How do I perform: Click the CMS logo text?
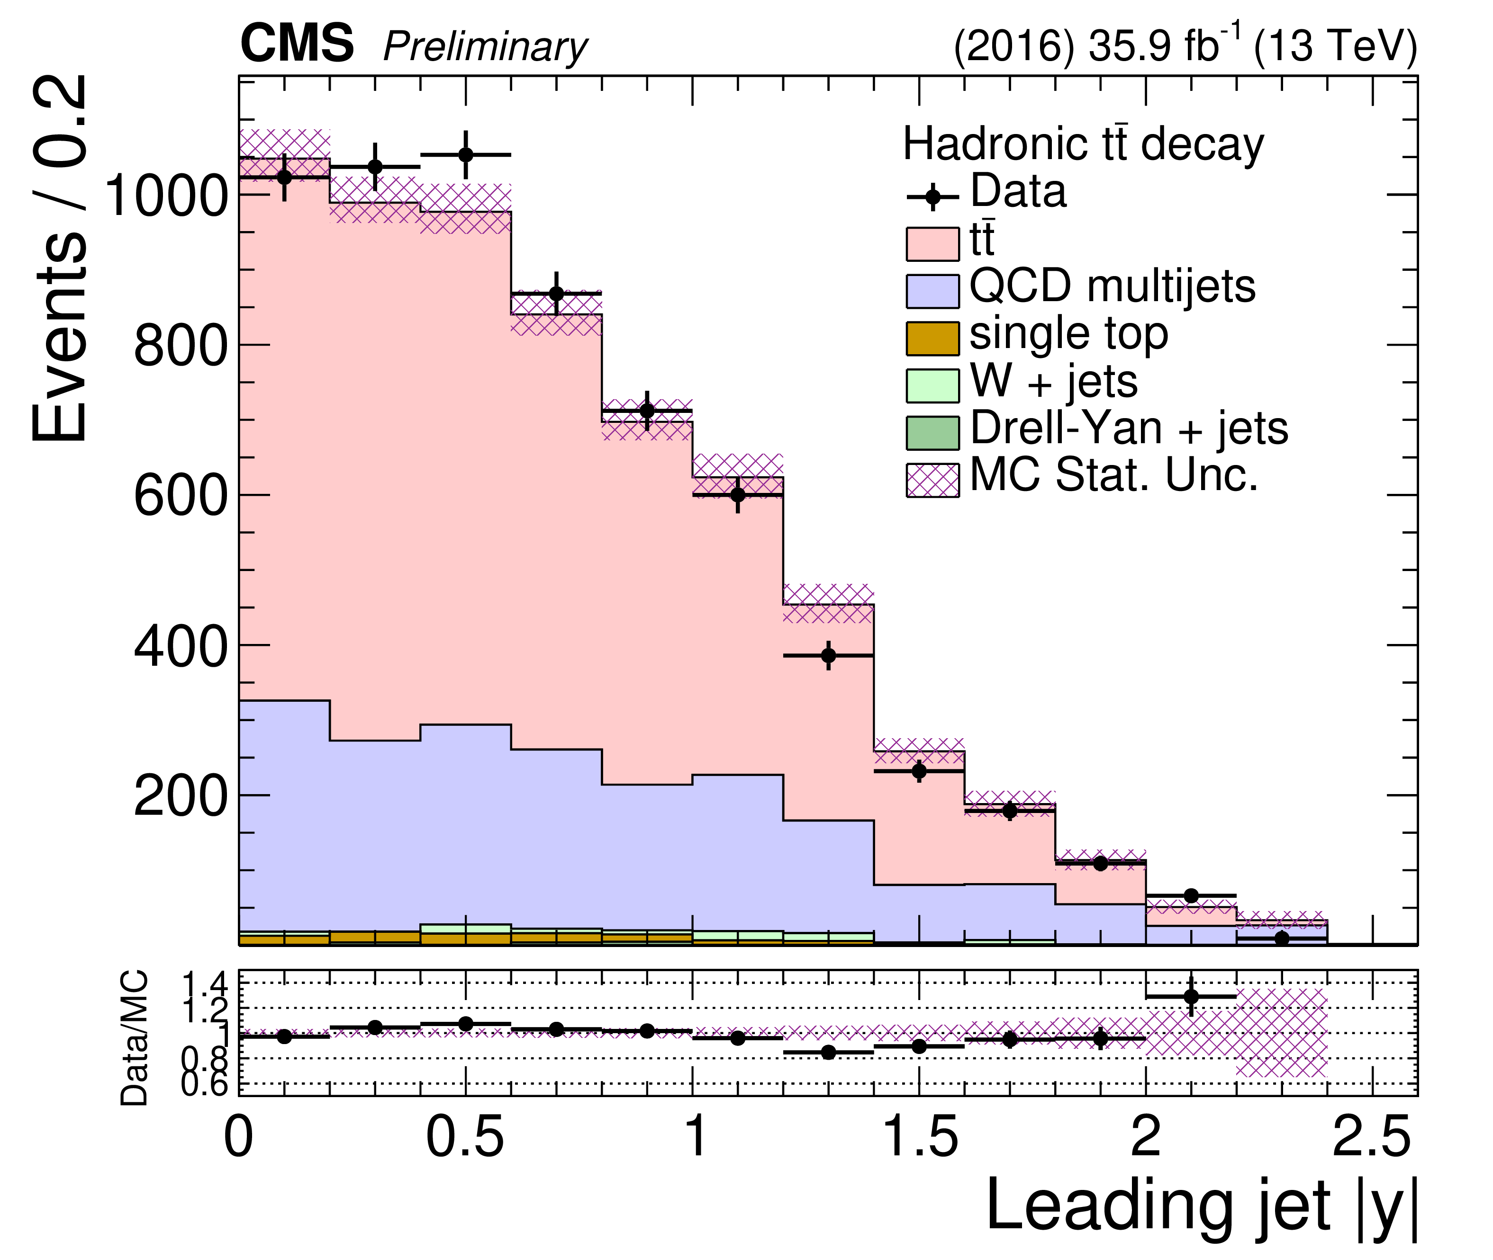(x=297, y=45)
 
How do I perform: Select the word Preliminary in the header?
(x=485, y=47)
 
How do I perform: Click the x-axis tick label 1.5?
(x=919, y=1138)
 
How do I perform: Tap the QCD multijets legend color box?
(x=932, y=291)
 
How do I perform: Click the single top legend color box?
(x=932, y=339)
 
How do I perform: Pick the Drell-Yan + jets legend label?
(x=1129, y=429)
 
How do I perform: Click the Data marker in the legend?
(x=932, y=197)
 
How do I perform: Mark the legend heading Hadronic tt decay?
(x=1083, y=144)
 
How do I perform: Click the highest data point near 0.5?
(x=465, y=154)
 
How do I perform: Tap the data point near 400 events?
(x=828, y=655)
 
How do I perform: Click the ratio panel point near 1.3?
(x=828, y=1052)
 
